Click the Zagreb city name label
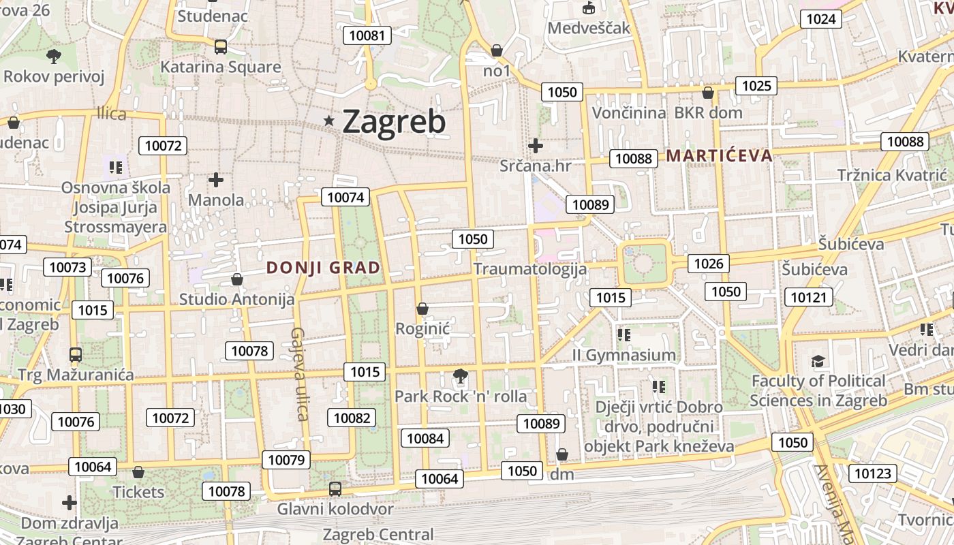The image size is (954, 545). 394,122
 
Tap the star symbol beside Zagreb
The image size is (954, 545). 330,121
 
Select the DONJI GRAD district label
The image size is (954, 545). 323,268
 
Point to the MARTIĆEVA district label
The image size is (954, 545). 720,155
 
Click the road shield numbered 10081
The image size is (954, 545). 367,35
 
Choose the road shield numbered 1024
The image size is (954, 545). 820,18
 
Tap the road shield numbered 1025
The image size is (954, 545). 756,85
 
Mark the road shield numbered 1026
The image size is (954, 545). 709,263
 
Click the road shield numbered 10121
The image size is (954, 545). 809,297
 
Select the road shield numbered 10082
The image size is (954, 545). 352,418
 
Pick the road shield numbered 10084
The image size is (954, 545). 425,437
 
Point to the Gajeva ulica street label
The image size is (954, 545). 300,374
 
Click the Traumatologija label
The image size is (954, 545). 529,268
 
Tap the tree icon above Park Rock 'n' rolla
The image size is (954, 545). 461,375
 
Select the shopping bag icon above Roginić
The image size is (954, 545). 422,309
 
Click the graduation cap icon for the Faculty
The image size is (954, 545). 818,361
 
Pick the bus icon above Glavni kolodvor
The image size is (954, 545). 335,488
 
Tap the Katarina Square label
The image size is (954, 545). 220,67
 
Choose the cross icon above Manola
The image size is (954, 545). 216,180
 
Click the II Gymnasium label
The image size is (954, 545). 624,355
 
